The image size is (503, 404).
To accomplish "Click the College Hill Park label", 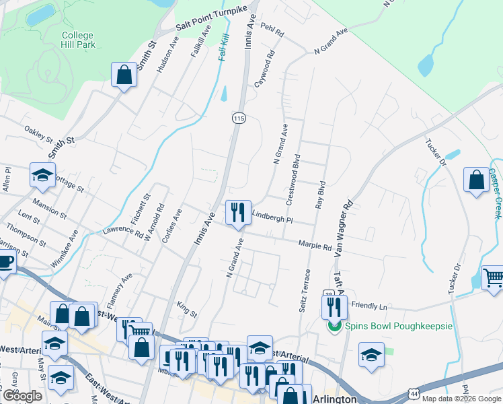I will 78,40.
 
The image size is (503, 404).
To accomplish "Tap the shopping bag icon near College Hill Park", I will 124,75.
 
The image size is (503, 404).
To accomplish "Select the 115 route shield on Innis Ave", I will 238,119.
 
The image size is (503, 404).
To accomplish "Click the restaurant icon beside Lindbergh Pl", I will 237,212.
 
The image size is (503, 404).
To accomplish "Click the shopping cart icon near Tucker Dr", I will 493,278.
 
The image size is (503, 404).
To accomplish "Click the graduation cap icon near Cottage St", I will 42,176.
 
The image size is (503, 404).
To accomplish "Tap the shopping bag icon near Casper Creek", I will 476,180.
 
